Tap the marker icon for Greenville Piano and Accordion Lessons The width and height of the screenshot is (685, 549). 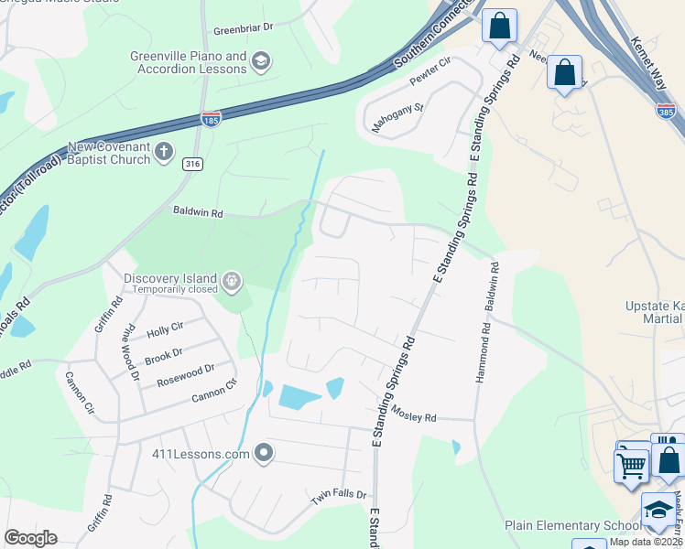tap(260, 62)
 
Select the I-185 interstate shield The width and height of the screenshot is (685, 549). tap(211, 119)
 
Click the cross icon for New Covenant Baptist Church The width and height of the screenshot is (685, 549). tap(164, 152)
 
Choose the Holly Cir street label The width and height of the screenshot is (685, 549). tap(165, 326)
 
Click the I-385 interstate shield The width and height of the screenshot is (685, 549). tap(666, 111)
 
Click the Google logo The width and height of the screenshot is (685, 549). tap(30, 538)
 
